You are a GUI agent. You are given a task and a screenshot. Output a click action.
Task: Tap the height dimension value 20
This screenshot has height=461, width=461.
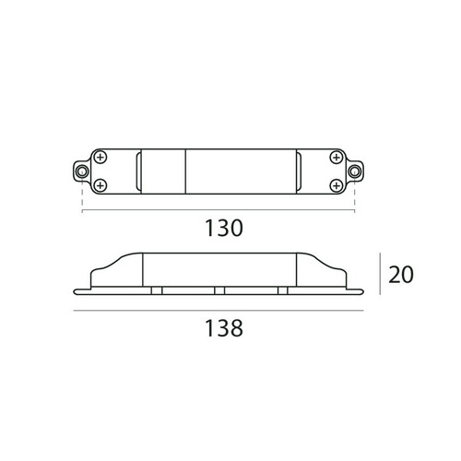[x=400, y=274]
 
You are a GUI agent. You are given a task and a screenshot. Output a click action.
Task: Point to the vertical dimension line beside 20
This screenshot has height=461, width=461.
[x=379, y=275]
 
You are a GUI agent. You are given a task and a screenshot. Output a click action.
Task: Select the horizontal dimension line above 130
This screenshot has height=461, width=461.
[x=219, y=211]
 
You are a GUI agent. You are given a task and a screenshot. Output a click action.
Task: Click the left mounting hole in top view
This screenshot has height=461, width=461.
[x=82, y=171]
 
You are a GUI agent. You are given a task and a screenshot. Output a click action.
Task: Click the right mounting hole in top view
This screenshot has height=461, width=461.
[x=355, y=171]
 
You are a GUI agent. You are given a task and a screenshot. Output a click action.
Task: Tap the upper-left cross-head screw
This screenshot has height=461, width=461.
[x=100, y=157]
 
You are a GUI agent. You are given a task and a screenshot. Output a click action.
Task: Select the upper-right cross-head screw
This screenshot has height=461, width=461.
[x=337, y=157]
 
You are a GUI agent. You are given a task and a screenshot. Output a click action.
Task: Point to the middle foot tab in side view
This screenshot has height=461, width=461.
[x=219, y=291]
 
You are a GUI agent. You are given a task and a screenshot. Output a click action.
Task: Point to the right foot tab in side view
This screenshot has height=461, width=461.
[x=281, y=291]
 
